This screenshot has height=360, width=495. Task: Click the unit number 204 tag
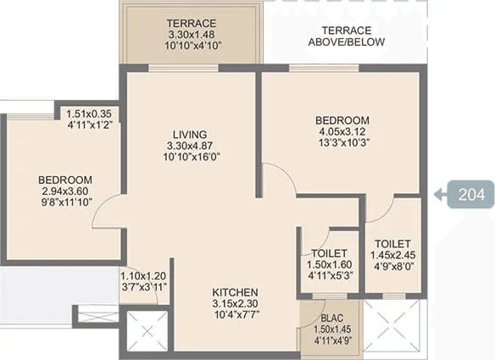click(x=464, y=194)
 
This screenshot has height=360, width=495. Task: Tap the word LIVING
click(x=190, y=135)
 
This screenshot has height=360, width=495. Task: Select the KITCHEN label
click(x=235, y=292)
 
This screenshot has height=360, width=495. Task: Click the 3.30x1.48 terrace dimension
click(x=191, y=34)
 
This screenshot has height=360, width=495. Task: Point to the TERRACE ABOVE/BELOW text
click(x=347, y=36)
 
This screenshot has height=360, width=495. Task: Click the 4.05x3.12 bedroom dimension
click(x=342, y=131)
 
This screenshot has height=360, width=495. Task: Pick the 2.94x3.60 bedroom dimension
click(x=65, y=191)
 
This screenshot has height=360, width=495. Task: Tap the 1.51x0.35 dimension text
click(x=89, y=114)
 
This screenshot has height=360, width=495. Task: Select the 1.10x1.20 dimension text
click(x=143, y=276)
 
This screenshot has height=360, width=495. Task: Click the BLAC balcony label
click(x=332, y=318)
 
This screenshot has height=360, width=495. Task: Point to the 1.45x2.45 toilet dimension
click(x=392, y=255)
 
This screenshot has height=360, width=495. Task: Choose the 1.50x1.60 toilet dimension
click(x=329, y=264)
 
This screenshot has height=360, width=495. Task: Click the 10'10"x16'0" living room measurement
click(x=192, y=157)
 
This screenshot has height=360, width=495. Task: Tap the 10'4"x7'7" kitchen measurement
click(x=235, y=314)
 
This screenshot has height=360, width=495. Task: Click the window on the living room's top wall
click(x=183, y=68)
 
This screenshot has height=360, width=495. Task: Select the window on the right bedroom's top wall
click(x=324, y=68)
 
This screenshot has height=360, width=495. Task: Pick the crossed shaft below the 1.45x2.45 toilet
click(x=392, y=325)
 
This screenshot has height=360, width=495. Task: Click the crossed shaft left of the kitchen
click(x=147, y=331)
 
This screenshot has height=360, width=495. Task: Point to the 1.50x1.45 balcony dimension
click(x=332, y=330)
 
